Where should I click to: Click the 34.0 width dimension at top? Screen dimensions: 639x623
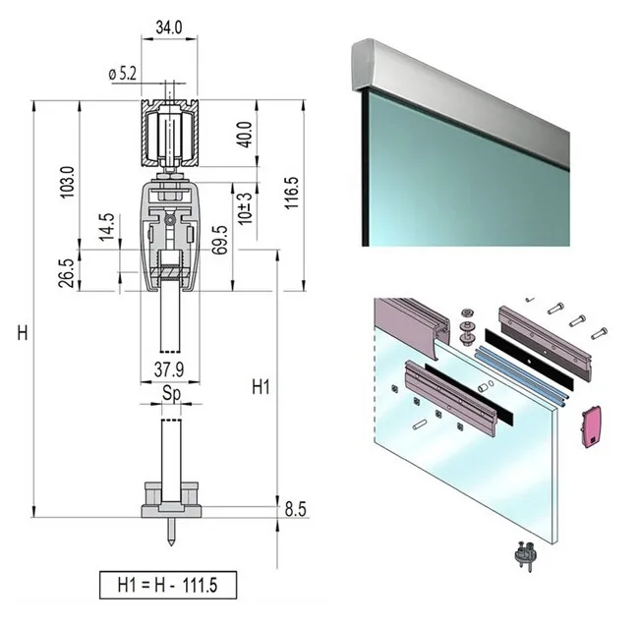[x=169, y=28]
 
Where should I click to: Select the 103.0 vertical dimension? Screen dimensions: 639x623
[x=67, y=181]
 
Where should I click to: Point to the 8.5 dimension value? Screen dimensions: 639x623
[x=296, y=510]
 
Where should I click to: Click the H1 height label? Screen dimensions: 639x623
[x=260, y=385]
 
